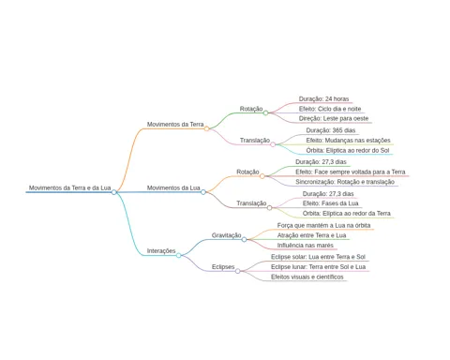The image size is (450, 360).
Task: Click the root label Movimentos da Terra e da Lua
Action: pyautogui.click(x=69, y=187)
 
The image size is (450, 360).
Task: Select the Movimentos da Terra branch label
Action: pyautogui.click(x=175, y=125)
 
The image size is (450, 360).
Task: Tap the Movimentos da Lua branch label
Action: pyautogui.click(x=173, y=187)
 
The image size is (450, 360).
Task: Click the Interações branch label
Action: pyautogui.click(x=161, y=251)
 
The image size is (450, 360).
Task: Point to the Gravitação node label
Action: pyautogui.click(x=226, y=235)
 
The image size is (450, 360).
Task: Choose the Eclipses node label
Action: pyautogui.click(x=223, y=267)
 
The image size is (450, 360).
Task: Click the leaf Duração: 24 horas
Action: pyautogui.click(x=323, y=99)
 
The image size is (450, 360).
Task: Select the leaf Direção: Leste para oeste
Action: pyautogui.click(x=334, y=118)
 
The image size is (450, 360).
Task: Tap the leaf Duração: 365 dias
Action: pyautogui.click(x=331, y=130)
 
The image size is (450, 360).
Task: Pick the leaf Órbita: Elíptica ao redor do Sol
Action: pyautogui.click(x=348, y=150)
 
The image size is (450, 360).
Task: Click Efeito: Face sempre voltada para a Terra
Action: pyautogui.click(x=351, y=172)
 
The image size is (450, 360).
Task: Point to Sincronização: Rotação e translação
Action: pyautogui.click(x=345, y=182)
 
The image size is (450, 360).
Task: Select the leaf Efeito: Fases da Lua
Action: pyautogui.click(x=330, y=203)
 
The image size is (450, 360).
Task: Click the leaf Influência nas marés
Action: pyautogui.click(x=306, y=246)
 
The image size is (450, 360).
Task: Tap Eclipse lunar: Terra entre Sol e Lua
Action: pyautogui.click(x=318, y=267)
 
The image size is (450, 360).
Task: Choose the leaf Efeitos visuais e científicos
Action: pyautogui.click(x=307, y=277)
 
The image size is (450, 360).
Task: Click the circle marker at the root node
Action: pyautogui.click(x=114, y=192)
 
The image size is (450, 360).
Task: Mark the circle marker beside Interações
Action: pyautogui.click(x=178, y=255)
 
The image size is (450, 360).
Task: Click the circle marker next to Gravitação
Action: pyautogui.click(x=244, y=239)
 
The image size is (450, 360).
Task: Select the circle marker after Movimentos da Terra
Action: pyautogui.click(x=206, y=128)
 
